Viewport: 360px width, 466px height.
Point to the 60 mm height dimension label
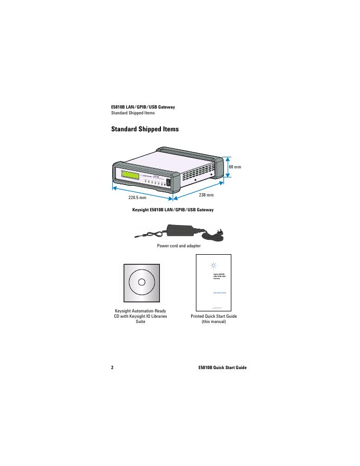coord(234,167)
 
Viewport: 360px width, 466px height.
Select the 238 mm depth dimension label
coord(206,195)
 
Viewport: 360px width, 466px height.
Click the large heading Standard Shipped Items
coord(145,129)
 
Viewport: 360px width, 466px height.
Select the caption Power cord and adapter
coord(178,246)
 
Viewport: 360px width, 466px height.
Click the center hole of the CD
coord(141,281)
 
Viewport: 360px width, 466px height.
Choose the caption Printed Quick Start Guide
coord(214,316)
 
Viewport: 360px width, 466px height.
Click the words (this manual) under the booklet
coord(214,322)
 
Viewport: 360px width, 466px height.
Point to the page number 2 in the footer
coord(112,368)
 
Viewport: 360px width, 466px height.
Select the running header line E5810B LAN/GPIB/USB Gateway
coord(142,107)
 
